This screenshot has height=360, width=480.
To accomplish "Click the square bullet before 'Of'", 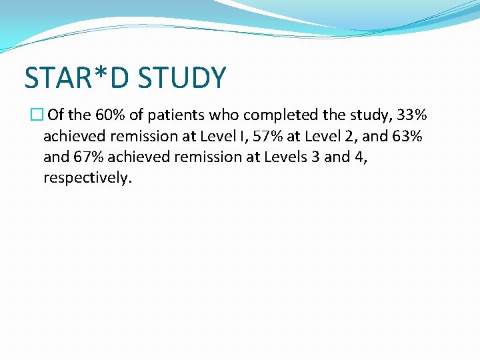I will click(x=36, y=115).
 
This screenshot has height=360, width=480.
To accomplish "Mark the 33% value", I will click(x=411, y=115).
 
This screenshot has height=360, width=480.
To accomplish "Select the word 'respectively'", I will click(x=87, y=179).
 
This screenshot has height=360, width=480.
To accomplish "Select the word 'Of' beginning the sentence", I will click(x=57, y=115).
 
